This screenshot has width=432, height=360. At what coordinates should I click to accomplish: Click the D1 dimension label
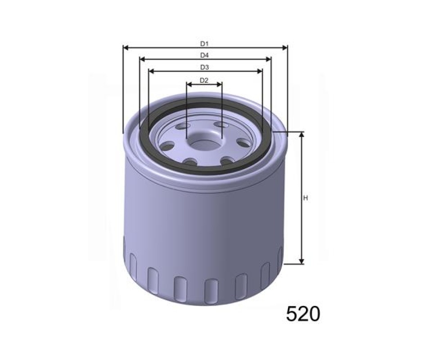[204, 44]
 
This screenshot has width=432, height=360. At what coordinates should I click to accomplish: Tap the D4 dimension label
[204, 55]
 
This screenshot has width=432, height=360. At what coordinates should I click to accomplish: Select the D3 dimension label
[204, 67]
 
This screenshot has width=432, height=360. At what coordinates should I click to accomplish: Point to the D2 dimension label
[204, 81]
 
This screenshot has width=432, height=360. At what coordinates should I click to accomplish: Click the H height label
[305, 198]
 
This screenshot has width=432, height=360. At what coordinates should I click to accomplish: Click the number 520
[303, 314]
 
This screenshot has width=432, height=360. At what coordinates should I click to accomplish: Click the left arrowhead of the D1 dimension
[126, 48]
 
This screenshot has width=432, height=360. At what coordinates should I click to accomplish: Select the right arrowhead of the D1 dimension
[284, 48]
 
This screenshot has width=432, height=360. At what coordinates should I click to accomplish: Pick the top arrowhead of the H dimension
[301, 135]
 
